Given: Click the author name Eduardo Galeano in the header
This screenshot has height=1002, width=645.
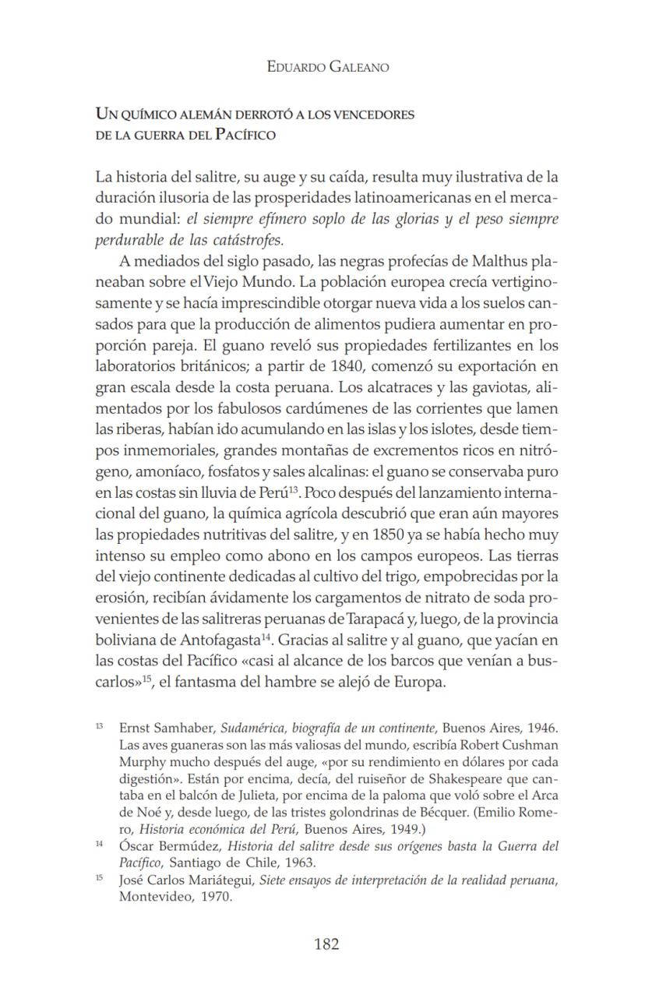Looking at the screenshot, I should click(x=327, y=67).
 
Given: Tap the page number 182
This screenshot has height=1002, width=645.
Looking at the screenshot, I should click(x=326, y=944).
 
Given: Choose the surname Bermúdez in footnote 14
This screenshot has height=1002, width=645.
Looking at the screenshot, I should click(x=190, y=847).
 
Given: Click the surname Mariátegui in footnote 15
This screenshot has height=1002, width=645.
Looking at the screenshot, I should click(x=221, y=880).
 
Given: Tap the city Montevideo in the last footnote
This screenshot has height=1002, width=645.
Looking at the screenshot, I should click(x=155, y=896).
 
